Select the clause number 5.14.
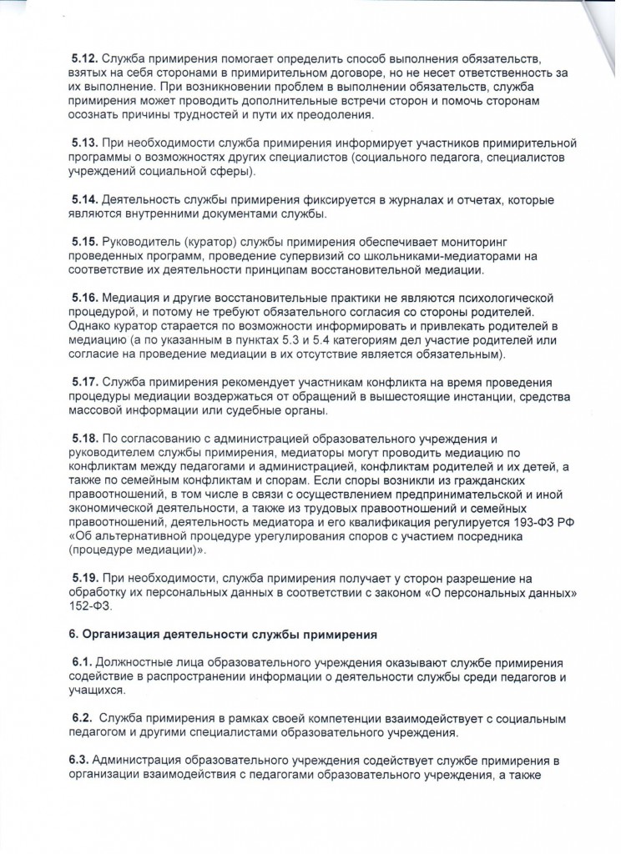pyautogui.click(x=84, y=201)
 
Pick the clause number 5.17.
pyautogui.click(x=84, y=383)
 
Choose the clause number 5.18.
pyautogui.click(x=84, y=439)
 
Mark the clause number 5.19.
pyautogui.click(x=84, y=579)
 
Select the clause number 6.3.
pyautogui.click(x=80, y=761)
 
